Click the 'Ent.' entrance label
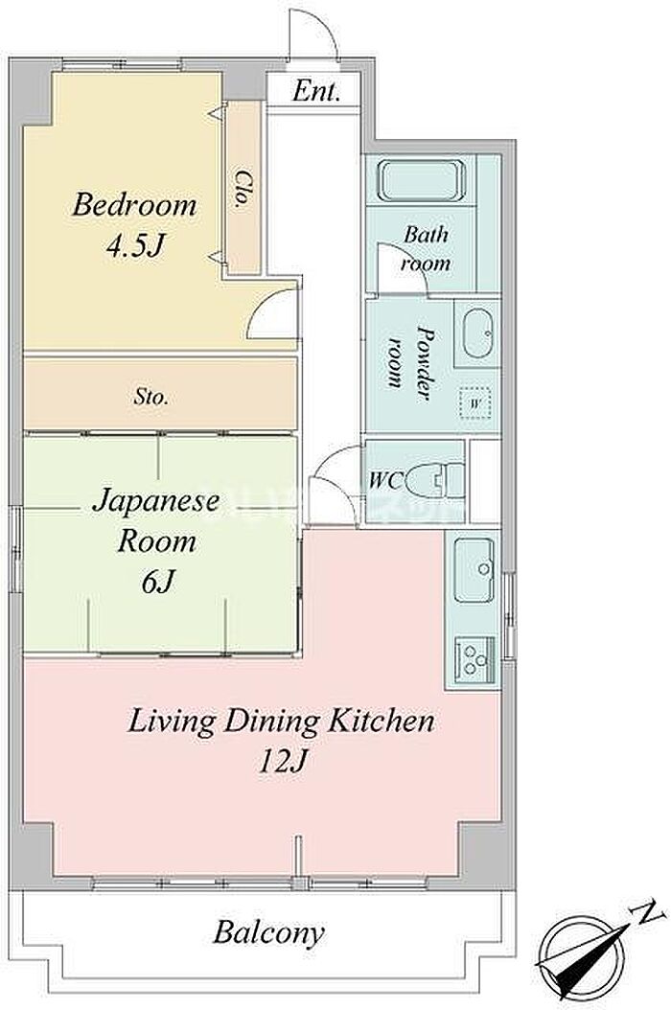click(315, 91)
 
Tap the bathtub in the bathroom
click(422, 180)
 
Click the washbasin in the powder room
click(478, 333)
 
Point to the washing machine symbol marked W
click(476, 403)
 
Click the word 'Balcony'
click(268, 932)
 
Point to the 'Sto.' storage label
click(151, 397)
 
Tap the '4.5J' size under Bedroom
click(135, 245)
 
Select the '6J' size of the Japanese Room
click(157, 583)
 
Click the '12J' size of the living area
click(281, 762)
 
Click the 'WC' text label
click(385, 480)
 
